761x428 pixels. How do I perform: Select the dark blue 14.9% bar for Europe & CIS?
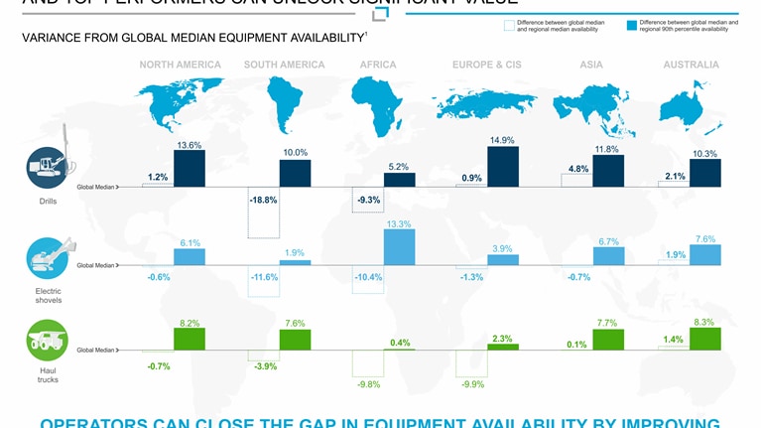point(502,167)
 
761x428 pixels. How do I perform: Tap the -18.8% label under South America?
point(262,200)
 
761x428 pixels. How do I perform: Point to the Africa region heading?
point(378,66)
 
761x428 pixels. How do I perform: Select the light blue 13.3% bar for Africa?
point(399,247)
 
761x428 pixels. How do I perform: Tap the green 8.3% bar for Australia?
point(705,339)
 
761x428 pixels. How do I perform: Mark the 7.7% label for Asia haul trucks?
point(607,324)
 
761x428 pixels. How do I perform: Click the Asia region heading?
point(591,66)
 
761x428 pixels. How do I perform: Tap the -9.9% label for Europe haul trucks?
point(471,384)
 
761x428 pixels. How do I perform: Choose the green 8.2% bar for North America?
point(190,339)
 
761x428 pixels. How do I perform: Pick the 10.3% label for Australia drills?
point(705,154)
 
